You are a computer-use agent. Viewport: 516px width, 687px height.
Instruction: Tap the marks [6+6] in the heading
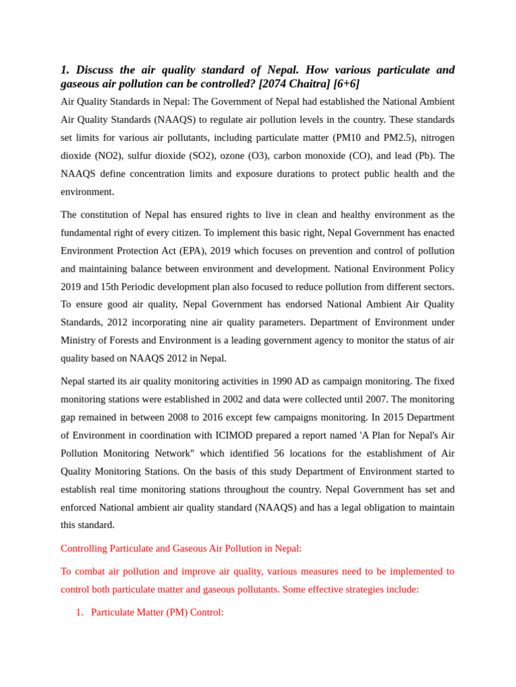(346, 84)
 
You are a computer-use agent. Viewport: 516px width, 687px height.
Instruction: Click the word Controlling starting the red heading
(84, 548)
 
